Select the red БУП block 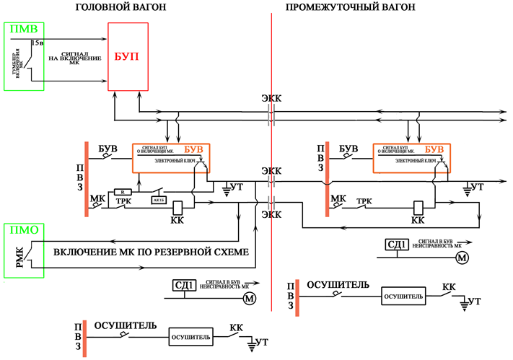click(128, 56)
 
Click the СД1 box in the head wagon click(183, 285)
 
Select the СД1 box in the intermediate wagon click(397, 245)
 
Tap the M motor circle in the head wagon click(249, 297)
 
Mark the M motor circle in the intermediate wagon click(462, 257)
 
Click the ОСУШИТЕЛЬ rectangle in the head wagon click(190, 337)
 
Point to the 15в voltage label click(37, 43)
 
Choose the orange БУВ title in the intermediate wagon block click(435, 149)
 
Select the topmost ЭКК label click(271, 99)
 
